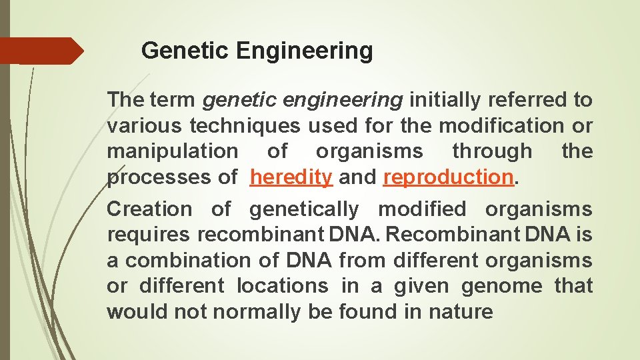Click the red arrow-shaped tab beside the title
pyautogui.click(x=41, y=51)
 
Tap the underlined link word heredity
pyautogui.click(x=291, y=177)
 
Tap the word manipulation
pyautogui.click(x=171, y=151)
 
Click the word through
pyautogui.click(x=492, y=151)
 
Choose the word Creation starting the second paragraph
pyautogui.click(x=149, y=209)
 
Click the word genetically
pyautogui.click(x=303, y=209)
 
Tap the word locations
pyautogui.click(x=283, y=285)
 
